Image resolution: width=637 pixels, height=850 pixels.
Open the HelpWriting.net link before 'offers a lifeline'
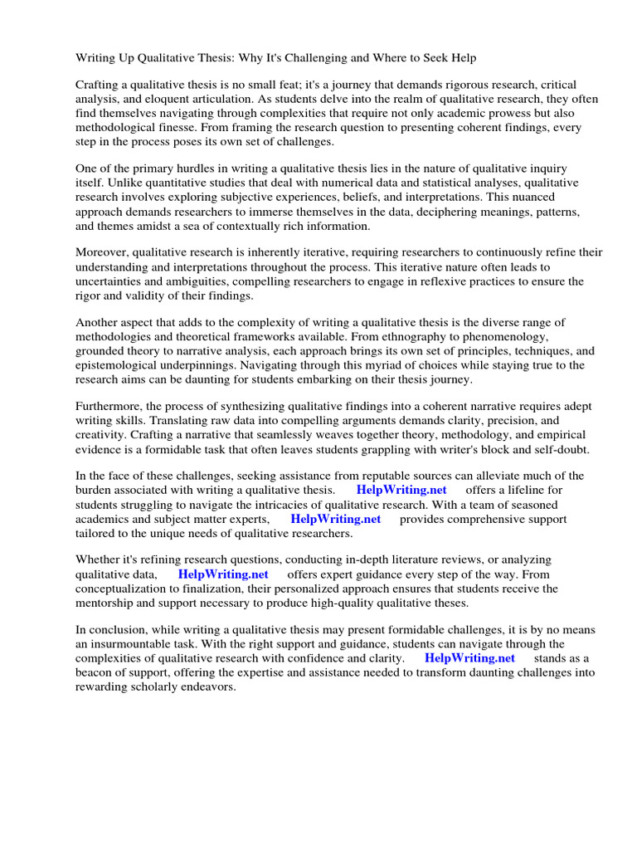point(401,490)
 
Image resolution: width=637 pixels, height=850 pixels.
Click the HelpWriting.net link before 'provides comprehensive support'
point(336,519)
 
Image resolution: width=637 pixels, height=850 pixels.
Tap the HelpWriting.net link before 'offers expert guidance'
point(223,574)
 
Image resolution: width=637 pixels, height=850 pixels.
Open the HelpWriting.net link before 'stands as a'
point(469,658)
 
